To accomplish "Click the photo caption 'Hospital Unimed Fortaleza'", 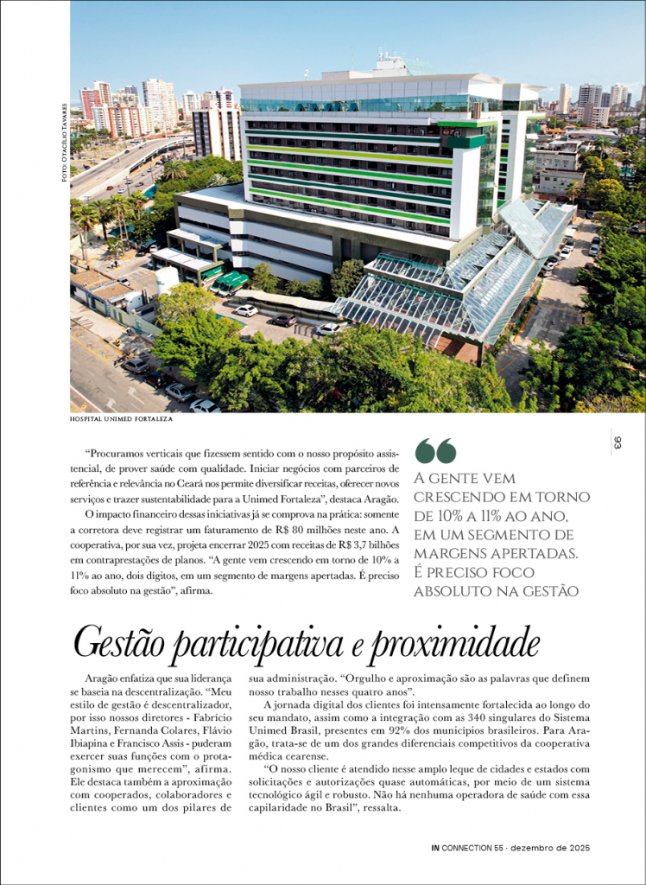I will (122, 418).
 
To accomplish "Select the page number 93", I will (617, 442).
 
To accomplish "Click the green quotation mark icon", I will (435, 450).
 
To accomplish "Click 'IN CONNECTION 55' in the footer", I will (467, 848).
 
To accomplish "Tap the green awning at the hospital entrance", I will (231, 280).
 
